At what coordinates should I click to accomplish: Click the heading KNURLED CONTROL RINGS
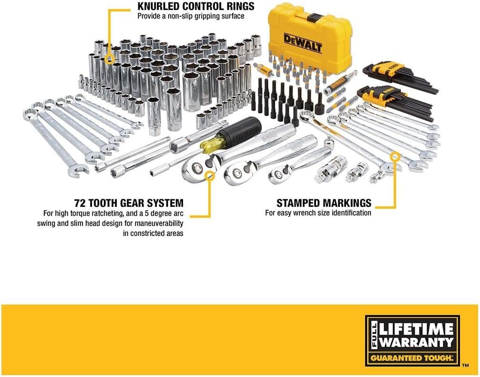tap(195, 7)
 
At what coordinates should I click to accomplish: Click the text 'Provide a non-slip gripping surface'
tap(191, 16)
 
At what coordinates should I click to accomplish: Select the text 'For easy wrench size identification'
tap(318, 213)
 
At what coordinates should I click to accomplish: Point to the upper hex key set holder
tap(383, 71)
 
